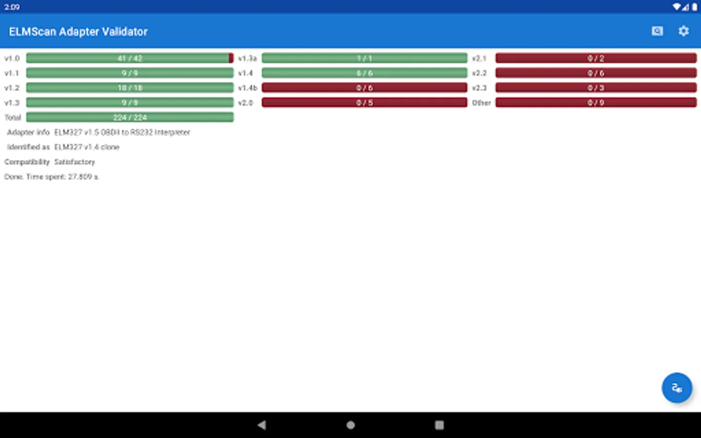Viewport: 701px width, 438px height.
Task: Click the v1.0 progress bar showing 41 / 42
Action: (129, 58)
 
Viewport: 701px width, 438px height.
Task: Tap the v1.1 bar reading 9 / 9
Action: (129, 73)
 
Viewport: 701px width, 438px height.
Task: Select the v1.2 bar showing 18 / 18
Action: (129, 88)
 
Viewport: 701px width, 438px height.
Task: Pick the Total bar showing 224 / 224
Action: (129, 117)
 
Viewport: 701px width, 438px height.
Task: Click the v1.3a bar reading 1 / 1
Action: (364, 58)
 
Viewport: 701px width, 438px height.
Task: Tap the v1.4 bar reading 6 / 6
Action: (364, 73)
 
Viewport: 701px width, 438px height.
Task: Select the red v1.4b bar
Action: (364, 88)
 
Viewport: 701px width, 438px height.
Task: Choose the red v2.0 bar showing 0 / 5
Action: (364, 103)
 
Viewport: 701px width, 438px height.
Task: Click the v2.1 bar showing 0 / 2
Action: (596, 58)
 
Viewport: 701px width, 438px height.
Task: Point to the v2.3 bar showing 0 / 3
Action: (596, 88)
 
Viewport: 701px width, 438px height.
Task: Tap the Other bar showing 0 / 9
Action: (596, 103)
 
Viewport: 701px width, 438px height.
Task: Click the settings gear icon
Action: (683, 31)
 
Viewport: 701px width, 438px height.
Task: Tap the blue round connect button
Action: (677, 388)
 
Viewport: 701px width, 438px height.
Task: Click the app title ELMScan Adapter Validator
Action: (78, 32)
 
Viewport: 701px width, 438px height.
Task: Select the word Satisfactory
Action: (74, 162)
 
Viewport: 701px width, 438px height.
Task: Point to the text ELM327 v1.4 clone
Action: (87, 147)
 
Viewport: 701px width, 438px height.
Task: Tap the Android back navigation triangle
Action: (262, 425)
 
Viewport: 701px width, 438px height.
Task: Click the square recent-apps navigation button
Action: (439, 425)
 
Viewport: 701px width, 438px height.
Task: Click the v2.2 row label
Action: (479, 73)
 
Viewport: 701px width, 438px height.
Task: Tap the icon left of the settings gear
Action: (657, 31)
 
